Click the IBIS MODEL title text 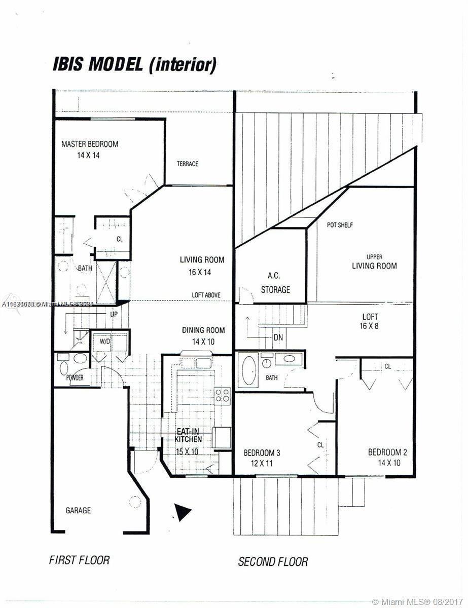tap(134, 65)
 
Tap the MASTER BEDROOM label tap(89, 149)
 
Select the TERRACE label tap(187, 164)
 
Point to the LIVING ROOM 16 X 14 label tap(202, 265)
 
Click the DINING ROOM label tap(203, 335)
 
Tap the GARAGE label tap(78, 510)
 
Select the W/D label tap(104, 341)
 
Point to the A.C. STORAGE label tap(275, 283)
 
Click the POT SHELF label tap(339, 224)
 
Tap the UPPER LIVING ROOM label tap(374, 261)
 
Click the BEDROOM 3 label tap(262, 458)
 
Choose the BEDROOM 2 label tap(388, 458)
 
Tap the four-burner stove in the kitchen tap(222, 394)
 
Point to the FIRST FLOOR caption tap(79, 560)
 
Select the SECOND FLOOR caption tap(273, 561)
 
